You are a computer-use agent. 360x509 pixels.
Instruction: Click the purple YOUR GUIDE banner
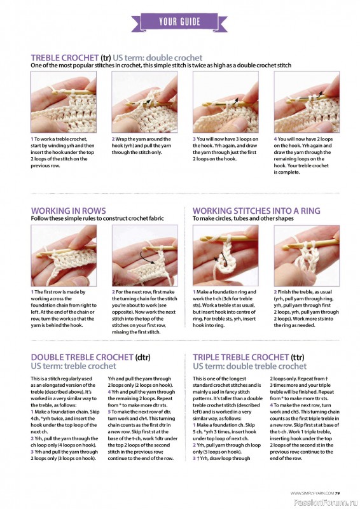(179, 22)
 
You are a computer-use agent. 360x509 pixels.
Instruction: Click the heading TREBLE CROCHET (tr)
(71, 58)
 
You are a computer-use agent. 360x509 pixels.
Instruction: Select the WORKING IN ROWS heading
(68, 211)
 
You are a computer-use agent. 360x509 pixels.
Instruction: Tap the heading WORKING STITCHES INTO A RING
(256, 211)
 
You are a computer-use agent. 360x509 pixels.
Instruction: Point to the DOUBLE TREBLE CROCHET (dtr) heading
(90, 357)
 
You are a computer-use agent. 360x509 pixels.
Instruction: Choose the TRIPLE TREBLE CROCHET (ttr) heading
(248, 357)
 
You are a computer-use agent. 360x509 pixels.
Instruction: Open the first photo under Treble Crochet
(64, 102)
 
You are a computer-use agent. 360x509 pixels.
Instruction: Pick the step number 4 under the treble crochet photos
(275, 139)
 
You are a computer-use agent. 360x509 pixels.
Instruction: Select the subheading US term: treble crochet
(73, 366)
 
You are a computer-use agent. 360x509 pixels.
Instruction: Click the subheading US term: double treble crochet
(249, 366)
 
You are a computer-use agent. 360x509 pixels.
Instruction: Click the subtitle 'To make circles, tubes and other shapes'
(243, 218)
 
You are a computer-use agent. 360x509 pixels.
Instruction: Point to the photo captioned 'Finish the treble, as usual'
(307, 256)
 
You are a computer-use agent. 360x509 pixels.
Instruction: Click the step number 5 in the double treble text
(109, 412)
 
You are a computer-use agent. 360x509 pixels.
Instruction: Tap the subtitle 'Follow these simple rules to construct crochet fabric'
(97, 218)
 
